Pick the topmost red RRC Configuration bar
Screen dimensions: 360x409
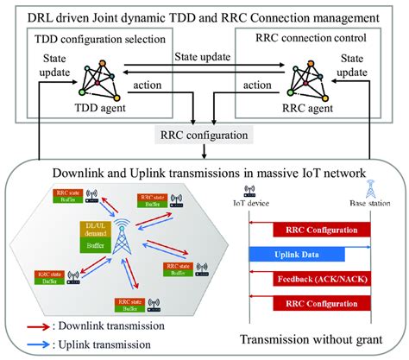click(x=321, y=230)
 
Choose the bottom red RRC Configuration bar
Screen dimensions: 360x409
click(x=321, y=303)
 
